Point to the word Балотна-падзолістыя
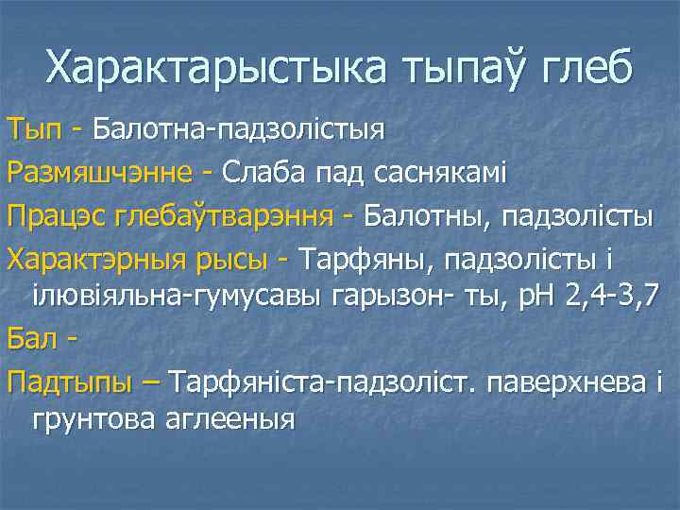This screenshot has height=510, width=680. (238, 127)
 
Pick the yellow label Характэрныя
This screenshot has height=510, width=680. (89, 259)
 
